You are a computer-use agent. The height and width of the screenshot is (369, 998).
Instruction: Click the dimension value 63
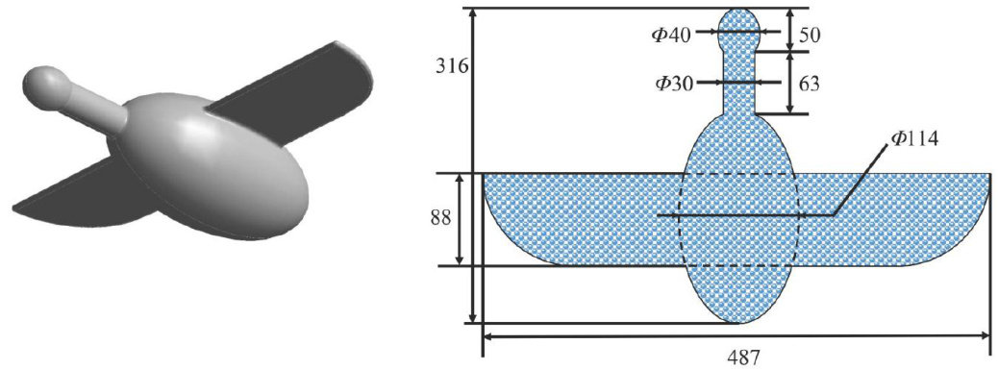coord(809,83)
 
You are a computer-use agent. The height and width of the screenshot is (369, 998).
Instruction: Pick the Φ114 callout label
coord(914,138)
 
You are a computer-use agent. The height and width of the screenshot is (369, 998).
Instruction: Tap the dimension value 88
coord(439,218)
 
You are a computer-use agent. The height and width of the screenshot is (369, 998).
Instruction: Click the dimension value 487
coord(737,357)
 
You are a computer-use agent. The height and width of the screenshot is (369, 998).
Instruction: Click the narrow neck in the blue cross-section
coord(739,83)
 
